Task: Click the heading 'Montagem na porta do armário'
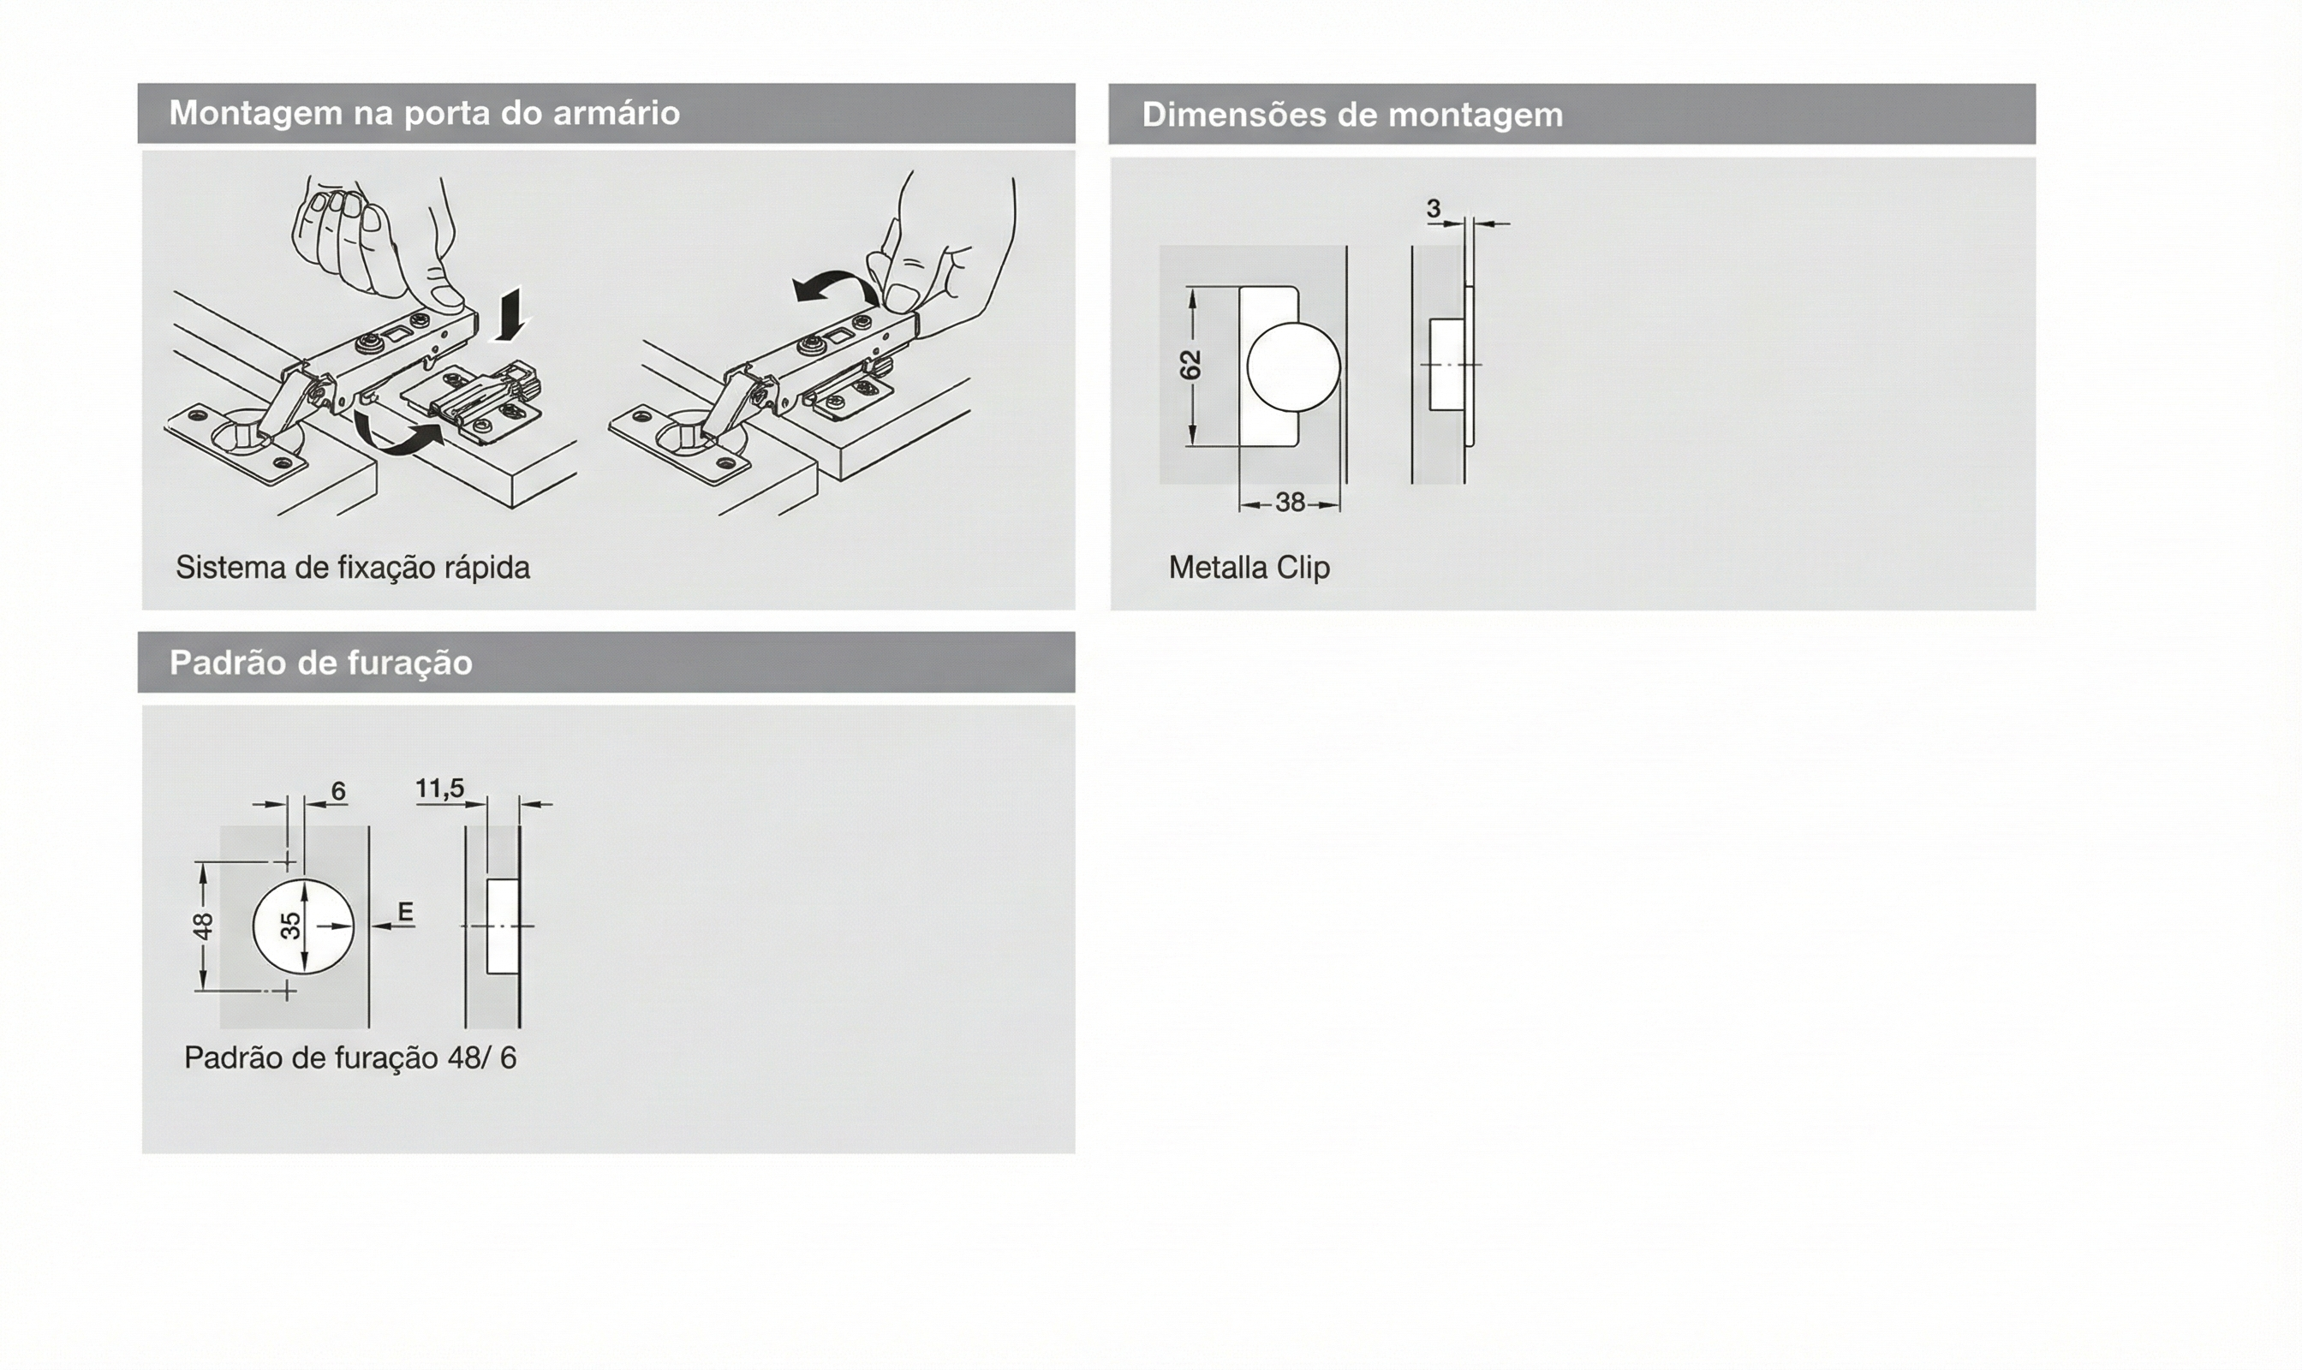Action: pyautogui.click(x=424, y=114)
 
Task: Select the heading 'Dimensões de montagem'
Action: pyautogui.click(x=1352, y=116)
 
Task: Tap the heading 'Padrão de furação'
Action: pyautogui.click(x=320, y=663)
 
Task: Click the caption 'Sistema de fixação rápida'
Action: pyautogui.click(x=353, y=568)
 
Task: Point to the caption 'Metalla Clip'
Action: pyautogui.click(x=1249, y=567)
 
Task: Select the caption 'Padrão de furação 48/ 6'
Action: pyautogui.click(x=350, y=1058)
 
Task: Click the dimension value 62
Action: pyautogui.click(x=1192, y=365)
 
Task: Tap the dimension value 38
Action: pyautogui.click(x=1290, y=503)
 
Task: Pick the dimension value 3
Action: pyautogui.click(x=1433, y=209)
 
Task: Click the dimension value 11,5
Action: pyautogui.click(x=439, y=789)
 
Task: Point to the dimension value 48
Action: pyautogui.click(x=203, y=925)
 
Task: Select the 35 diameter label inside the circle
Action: pyautogui.click(x=290, y=925)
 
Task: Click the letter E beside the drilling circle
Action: pyautogui.click(x=404, y=912)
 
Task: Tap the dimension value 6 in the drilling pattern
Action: pyautogui.click(x=338, y=791)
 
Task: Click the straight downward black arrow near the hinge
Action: pyautogui.click(x=510, y=314)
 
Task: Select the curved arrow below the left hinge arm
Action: pyautogui.click(x=397, y=435)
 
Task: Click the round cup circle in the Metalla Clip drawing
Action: pyautogui.click(x=1293, y=366)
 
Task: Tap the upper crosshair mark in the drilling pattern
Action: pyautogui.click(x=287, y=862)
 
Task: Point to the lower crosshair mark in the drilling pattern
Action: pyautogui.click(x=287, y=991)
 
